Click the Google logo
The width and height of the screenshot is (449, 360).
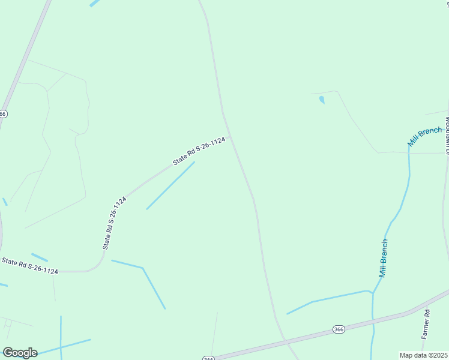point(20,353)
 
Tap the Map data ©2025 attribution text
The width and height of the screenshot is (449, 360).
point(424,355)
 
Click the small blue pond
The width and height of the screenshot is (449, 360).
point(322,100)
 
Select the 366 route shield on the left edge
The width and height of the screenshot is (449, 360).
point(3,113)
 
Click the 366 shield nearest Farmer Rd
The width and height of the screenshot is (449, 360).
point(339,329)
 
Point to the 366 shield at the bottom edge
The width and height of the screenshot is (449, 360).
point(208,358)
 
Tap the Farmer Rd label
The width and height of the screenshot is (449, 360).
point(427,324)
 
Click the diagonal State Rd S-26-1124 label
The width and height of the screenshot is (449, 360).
point(199,151)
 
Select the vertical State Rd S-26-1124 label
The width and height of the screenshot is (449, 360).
point(114,223)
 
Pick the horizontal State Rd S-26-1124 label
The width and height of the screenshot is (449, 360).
point(30,266)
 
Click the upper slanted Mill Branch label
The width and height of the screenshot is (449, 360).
point(424,136)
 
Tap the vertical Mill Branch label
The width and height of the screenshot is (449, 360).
point(383,258)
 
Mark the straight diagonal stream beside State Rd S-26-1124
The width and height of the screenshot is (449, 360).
point(170,185)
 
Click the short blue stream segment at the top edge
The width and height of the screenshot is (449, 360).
point(94,3)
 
